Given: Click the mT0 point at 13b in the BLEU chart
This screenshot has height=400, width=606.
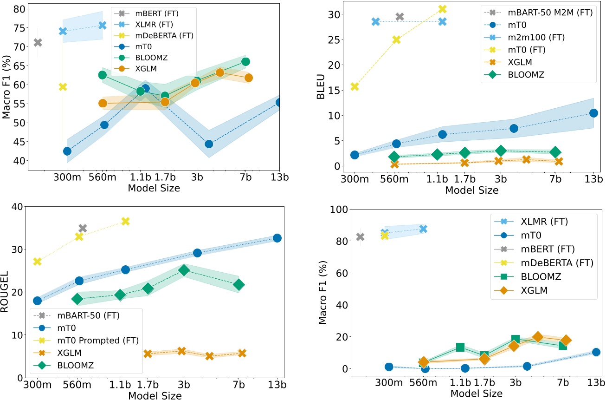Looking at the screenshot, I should pyautogui.click(x=593, y=113).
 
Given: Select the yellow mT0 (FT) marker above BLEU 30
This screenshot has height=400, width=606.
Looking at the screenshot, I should pyautogui.click(x=442, y=9).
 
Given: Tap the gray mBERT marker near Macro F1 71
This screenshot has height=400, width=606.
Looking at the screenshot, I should pyautogui.click(x=38, y=43).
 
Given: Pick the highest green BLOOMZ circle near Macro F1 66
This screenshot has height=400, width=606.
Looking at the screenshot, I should pyautogui.click(x=245, y=62).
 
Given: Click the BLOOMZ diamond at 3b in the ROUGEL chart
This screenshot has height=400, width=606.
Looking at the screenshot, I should pyautogui.click(x=184, y=270).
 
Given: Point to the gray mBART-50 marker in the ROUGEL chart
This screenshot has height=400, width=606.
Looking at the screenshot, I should pyautogui.click(x=83, y=228).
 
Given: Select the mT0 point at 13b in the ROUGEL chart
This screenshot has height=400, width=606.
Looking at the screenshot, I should pyautogui.click(x=277, y=238).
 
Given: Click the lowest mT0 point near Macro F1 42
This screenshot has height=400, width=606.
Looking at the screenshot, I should pyautogui.click(x=67, y=151).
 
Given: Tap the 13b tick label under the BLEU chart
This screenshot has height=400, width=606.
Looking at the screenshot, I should pyautogui.click(x=593, y=179).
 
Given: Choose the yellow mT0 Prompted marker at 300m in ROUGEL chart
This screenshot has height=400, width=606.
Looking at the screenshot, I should pyautogui.click(x=38, y=262).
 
